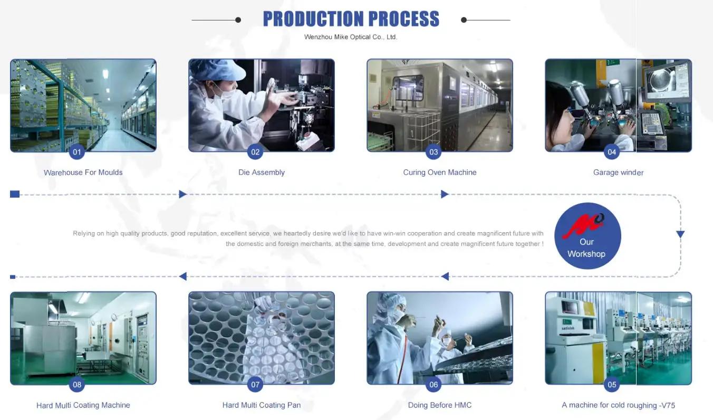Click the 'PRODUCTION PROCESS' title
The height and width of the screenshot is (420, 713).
[x=351, y=19]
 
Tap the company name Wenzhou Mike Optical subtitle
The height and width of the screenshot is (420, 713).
[x=351, y=37]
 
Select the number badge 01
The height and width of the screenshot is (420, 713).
[x=77, y=152]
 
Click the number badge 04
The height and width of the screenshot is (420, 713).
[x=612, y=152]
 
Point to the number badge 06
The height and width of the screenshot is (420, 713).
[x=433, y=384]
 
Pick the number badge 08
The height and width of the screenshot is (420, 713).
[x=77, y=384]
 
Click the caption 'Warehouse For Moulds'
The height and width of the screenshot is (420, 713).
[x=83, y=172]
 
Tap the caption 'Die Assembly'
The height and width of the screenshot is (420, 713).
[x=262, y=172]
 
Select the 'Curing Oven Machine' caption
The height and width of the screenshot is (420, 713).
[x=440, y=172]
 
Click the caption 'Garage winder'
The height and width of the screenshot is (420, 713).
[x=618, y=172]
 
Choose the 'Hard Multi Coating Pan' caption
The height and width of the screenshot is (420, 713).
[x=262, y=405]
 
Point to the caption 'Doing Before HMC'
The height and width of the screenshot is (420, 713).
[x=440, y=405]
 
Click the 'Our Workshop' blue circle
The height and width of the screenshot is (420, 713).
[x=587, y=236]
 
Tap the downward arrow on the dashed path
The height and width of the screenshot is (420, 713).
[x=680, y=234]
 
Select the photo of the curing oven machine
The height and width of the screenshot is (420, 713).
[x=440, y=105]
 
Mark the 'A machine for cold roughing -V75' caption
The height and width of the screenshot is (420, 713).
[x=618, y=405]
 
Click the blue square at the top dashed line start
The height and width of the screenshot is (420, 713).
[x=15, y=194]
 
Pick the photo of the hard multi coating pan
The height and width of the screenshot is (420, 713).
[x=262, y=338]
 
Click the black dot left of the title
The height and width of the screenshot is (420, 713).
[x=238, y=20]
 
